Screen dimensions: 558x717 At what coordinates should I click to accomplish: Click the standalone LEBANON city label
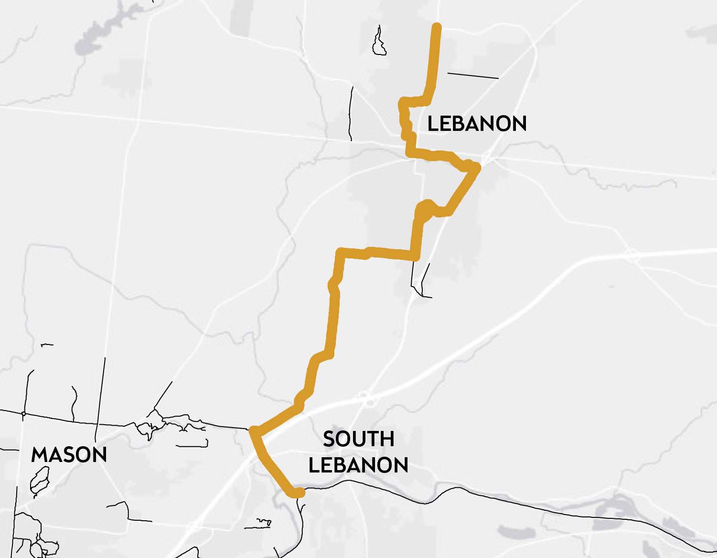(477, 124)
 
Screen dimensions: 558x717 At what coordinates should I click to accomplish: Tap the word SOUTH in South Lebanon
(358, 439)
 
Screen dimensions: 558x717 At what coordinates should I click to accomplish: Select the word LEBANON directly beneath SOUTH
(358, 465)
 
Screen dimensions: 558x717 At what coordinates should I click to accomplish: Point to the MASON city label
(69, 455)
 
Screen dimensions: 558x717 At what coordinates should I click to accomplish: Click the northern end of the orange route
(436, 26)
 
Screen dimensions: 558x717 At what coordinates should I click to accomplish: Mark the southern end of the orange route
(300, 493)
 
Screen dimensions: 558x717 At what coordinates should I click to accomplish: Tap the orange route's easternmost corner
(476, 168)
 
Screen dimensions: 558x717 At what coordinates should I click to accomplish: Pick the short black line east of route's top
(472, 75)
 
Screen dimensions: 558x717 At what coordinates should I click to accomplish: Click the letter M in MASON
(39, 455)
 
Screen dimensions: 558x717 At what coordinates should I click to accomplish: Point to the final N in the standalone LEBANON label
(519, 124)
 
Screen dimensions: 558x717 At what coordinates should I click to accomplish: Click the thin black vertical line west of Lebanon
(351, 114)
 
